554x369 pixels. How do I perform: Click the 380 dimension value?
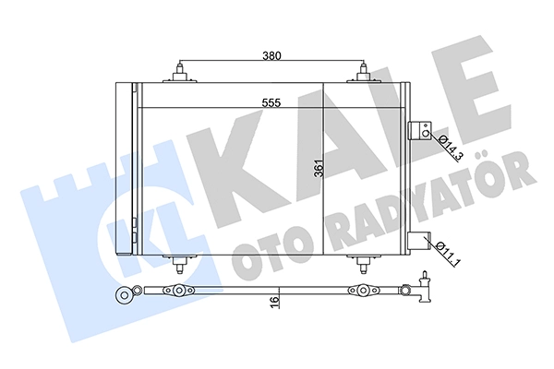point(271,55)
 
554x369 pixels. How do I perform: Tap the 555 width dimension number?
point(271,102)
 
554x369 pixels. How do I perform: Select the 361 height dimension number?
point(319,169)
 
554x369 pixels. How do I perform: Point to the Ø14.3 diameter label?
point(450,148)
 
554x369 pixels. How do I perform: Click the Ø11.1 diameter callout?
point(448,253)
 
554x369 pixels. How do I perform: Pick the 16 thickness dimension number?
point(274,303)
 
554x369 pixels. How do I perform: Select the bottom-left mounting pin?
point(179,264)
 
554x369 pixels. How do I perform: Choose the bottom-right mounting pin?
point(363,264)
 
